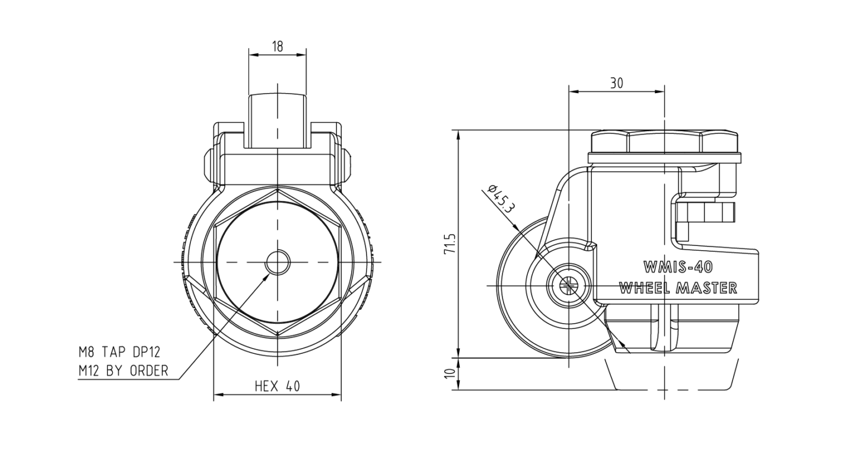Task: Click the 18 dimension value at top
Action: point(277,46)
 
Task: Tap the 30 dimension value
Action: point(617,84)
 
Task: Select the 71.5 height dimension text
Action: point(450,243)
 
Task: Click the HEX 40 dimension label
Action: point(277,386)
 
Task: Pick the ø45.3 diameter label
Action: point(501,199)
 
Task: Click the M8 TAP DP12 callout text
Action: point(119,352)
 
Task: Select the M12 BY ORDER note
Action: point(123,371)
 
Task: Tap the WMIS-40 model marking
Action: point(678,267)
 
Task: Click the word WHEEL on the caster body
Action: point(645,288)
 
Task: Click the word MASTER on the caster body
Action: point(706,288)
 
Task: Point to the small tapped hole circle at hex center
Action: point(278,263)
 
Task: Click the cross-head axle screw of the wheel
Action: point(569,286)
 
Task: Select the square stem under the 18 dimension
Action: point(278,121)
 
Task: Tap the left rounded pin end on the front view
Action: point(208,165)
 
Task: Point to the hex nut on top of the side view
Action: point(664,142)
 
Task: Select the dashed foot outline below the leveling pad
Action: point(672,375)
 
